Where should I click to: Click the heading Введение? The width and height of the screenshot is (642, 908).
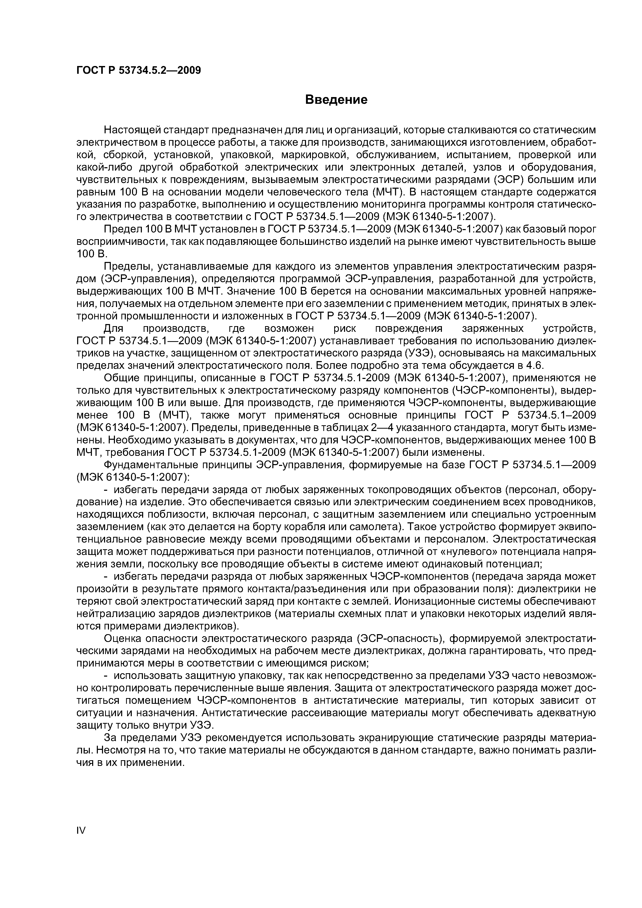tap(336, 100)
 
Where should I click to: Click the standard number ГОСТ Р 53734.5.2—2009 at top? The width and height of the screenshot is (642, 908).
tap(138, 70)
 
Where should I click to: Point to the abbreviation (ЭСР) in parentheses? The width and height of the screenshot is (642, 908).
tap(507, 180)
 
